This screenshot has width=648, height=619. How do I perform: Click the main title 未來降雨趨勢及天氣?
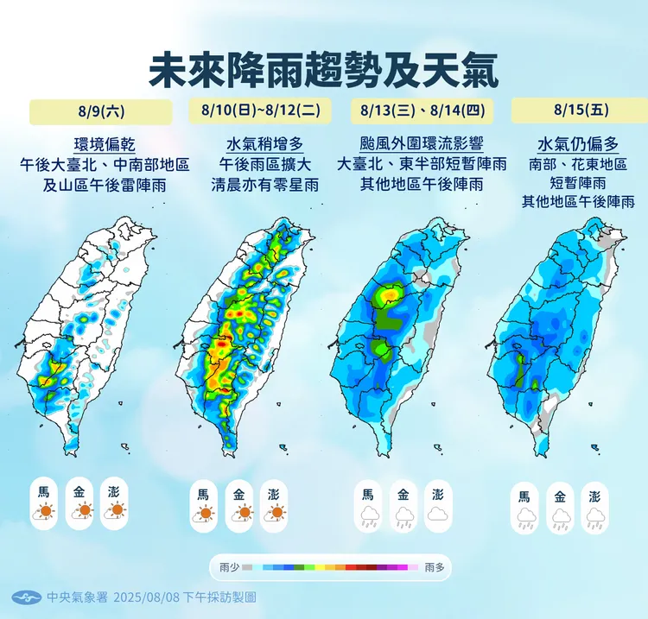(x=324, y=70)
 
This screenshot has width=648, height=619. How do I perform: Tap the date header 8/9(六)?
(x=100, y=111)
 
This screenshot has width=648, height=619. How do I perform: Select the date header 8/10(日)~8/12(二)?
(x=261, y=111)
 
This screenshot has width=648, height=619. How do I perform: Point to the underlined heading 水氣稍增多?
(x=261, y=144)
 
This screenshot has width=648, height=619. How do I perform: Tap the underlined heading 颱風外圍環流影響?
(x=421, y=144)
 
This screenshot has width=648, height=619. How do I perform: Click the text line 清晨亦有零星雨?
(x=261, y=184)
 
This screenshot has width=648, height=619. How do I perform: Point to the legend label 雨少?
(x=230, y=567)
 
